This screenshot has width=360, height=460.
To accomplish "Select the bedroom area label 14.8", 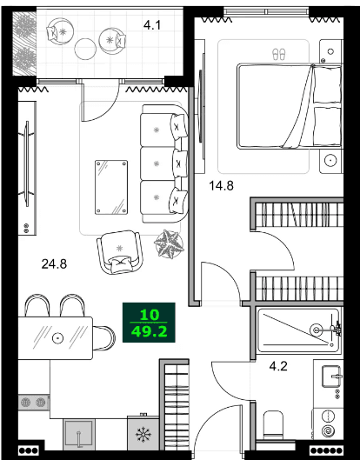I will (223, 183).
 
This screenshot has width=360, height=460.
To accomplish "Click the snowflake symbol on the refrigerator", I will (143, 435).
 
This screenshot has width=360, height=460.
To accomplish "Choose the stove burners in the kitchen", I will (33, 403).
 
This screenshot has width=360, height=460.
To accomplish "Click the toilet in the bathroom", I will (273, 423).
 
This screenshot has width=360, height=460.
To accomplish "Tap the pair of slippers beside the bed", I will (278, 53).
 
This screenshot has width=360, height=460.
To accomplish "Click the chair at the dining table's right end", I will (104, 336).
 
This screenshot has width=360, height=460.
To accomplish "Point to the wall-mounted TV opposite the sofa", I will (27, 175).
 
